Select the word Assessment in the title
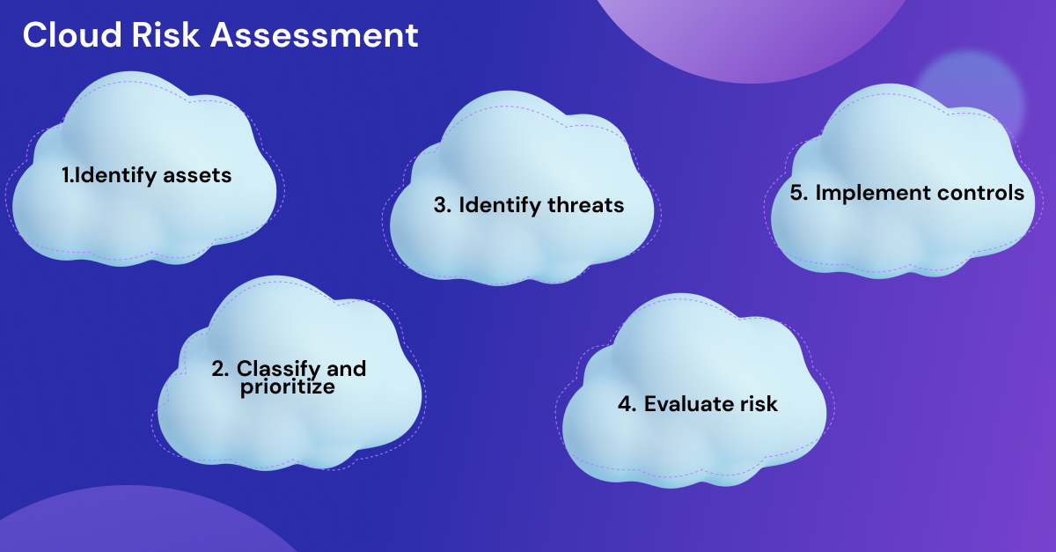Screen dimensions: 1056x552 tap(314, 35)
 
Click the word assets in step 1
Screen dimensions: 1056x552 tap(197, 175)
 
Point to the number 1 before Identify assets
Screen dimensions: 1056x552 tap(65, 175)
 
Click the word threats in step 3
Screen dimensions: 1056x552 tap(585, 205)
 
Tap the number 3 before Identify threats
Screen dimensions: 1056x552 tap(442, 205)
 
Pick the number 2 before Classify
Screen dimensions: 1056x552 tap(220, 369)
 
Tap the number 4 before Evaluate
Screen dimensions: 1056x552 tap(627, 404)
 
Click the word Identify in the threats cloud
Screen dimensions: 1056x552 tap(500, 206)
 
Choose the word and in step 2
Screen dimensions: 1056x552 tap(347, 369)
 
